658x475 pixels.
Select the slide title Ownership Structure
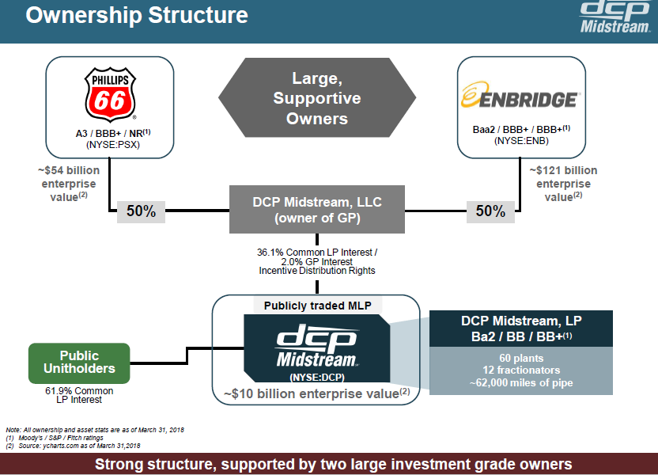(137, 16)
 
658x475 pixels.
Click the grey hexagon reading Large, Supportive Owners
(316, 98)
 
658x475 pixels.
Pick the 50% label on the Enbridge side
(490, 211)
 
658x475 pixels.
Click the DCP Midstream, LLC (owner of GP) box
(316, 210)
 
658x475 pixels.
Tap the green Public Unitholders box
(79, 363)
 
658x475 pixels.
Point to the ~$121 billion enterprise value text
(563, 184)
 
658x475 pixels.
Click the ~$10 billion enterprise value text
(316, 391)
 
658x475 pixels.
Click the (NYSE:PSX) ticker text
(109, 145)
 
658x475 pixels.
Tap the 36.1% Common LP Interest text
(316, 253)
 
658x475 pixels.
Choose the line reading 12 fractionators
(520, 370)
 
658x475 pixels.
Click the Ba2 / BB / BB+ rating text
(520, 336)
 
